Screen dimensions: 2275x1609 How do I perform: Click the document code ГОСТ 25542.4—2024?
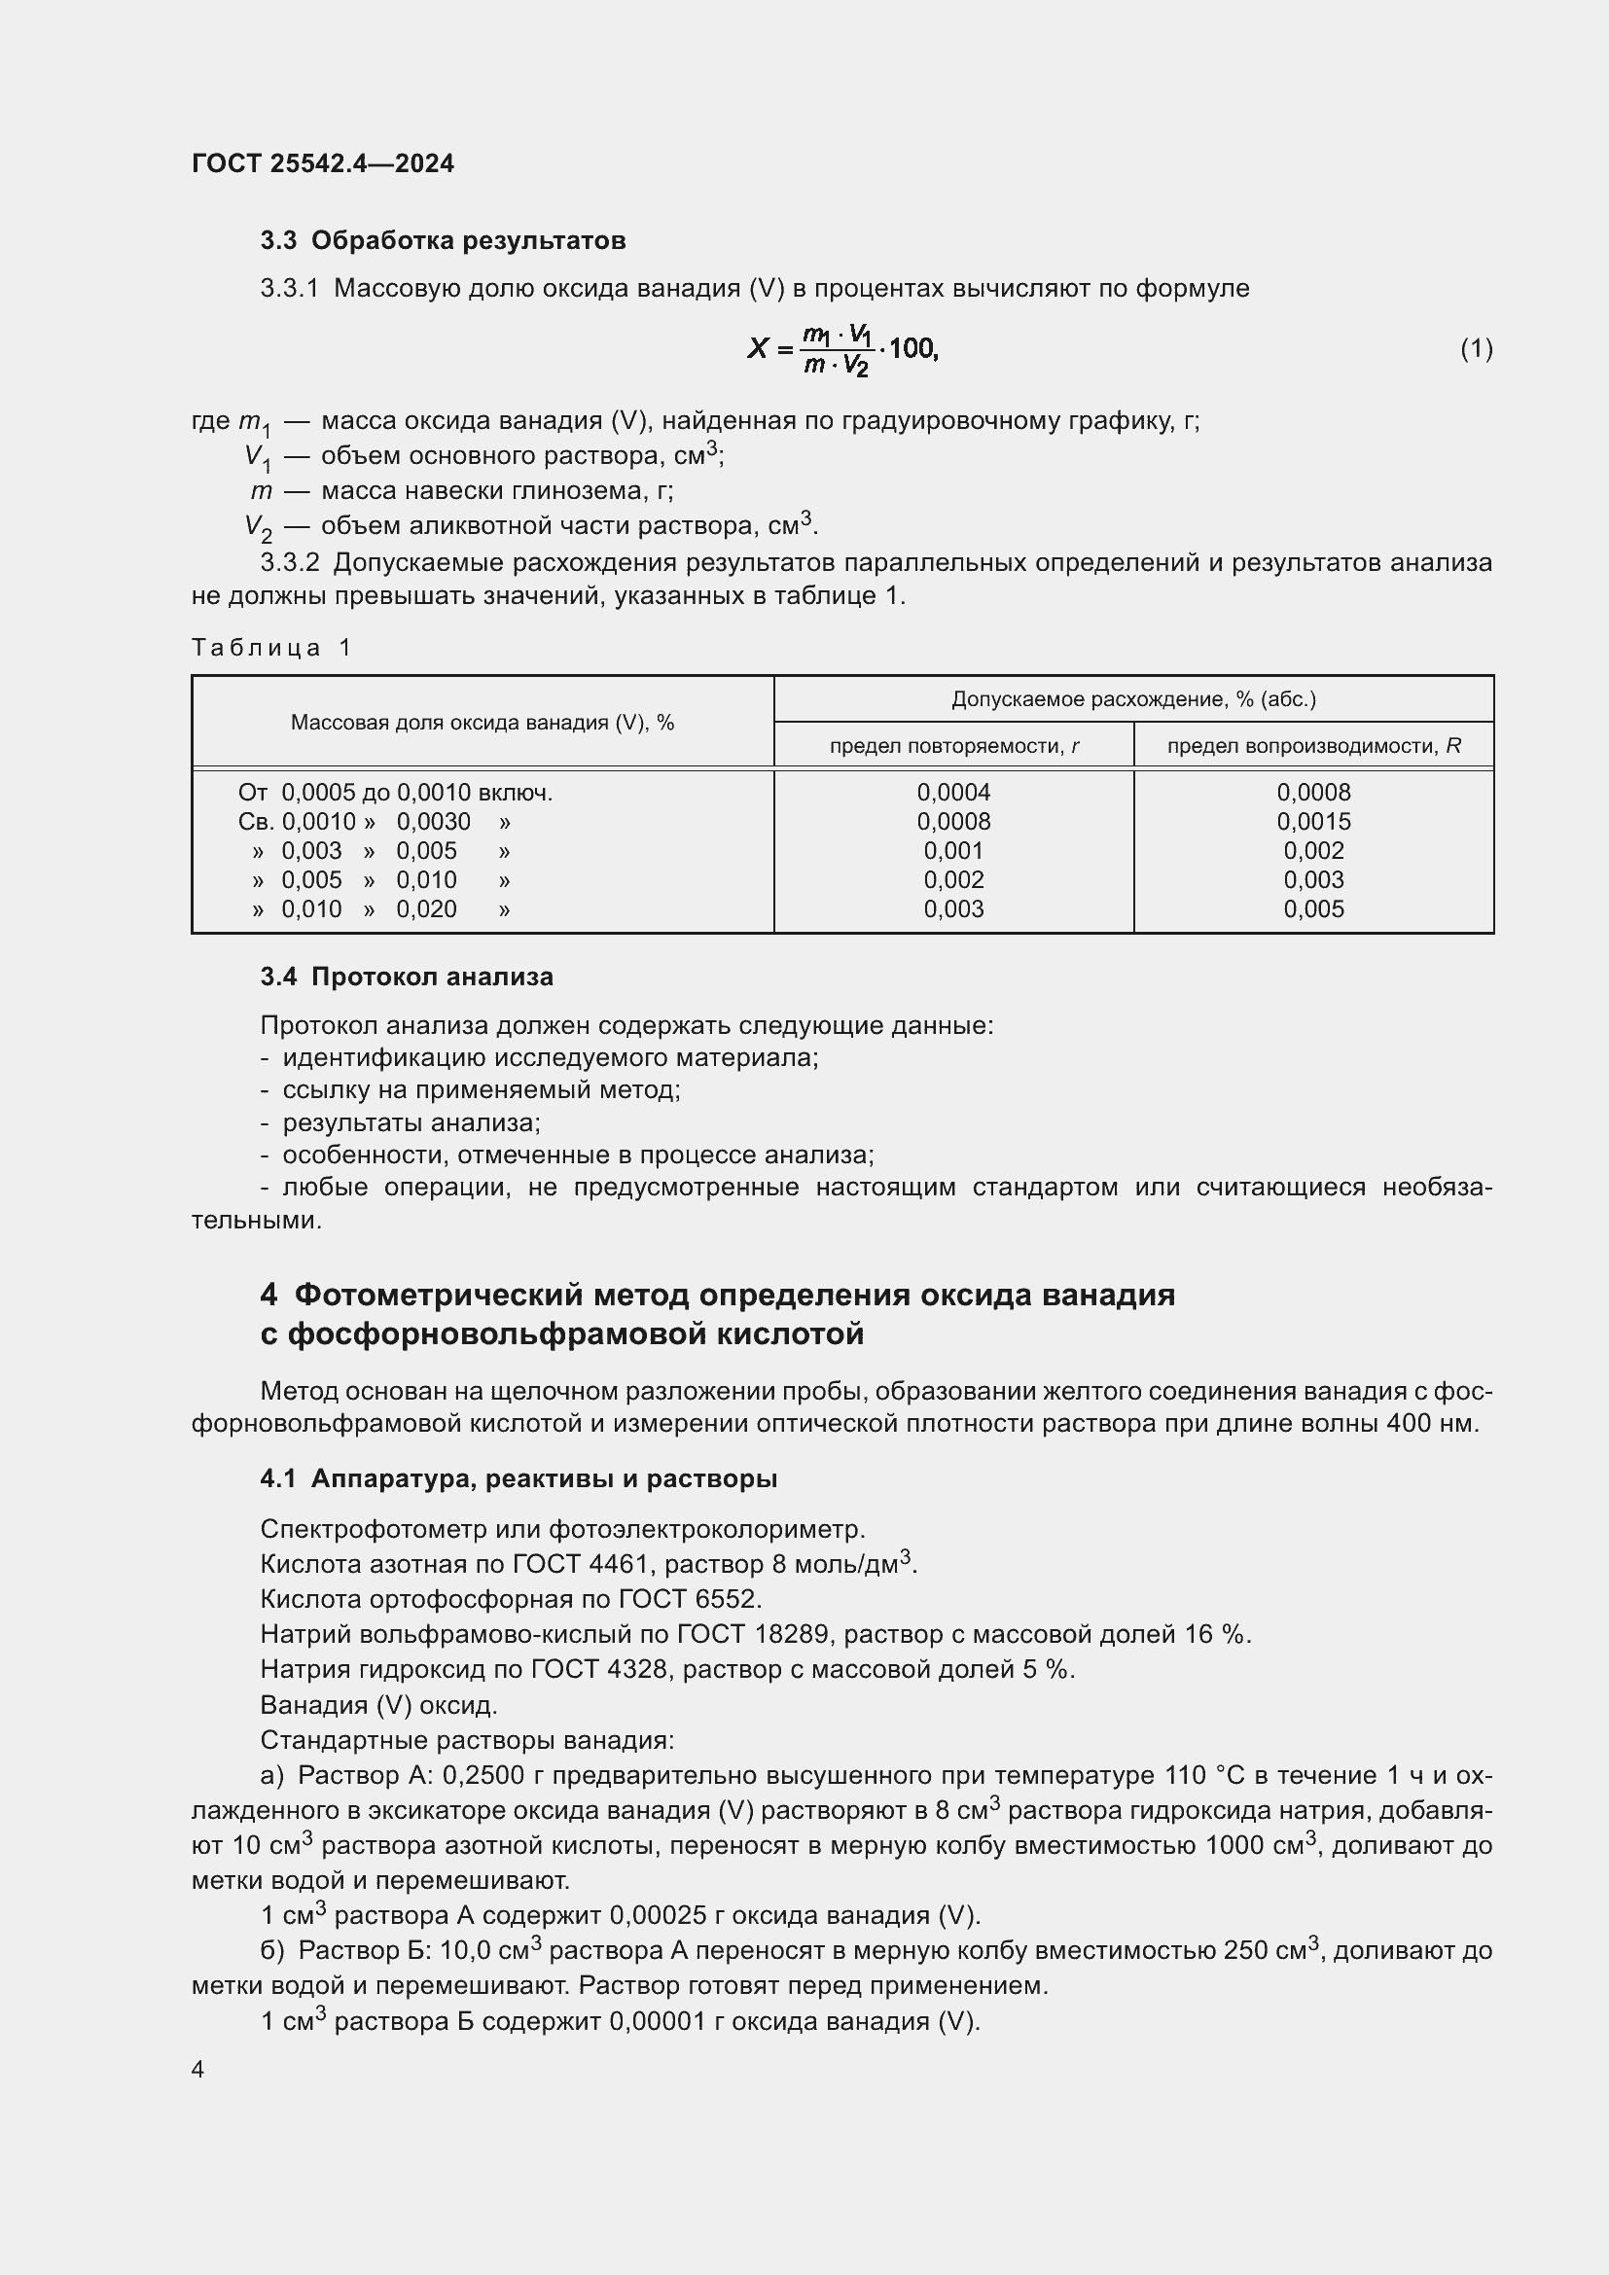pos(322,163)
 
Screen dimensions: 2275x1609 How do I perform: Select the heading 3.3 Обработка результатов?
pos(443,241)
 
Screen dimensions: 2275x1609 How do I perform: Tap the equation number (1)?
pos(1477,349)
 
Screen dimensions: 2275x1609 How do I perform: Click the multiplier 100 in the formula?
pos(912,349)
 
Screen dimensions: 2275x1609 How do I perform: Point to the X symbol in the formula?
pos(758,349)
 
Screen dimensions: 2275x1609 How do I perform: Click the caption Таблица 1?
pos(271,648)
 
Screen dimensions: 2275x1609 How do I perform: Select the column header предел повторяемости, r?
pos(953,746)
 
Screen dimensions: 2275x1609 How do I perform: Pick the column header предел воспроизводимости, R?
pos(1313,746)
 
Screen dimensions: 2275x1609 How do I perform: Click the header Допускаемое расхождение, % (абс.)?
pos(1133,699)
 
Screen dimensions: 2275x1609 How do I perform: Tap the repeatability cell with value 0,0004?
pos(953,793)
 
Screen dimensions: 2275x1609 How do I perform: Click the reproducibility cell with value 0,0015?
pos(1313,822)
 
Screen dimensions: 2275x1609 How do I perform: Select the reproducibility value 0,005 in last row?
pos(1313,909)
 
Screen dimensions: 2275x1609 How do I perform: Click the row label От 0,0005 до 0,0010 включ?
pos(394,793)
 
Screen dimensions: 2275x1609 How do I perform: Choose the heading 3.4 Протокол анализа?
pos(407,977)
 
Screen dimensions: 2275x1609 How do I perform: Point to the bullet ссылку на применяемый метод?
pos(481,1090)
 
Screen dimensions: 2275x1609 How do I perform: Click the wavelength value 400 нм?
pos(1435,1424)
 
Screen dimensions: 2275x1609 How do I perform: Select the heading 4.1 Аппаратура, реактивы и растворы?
pos(518,1479)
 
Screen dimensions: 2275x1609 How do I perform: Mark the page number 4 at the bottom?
pos(198,2070)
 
